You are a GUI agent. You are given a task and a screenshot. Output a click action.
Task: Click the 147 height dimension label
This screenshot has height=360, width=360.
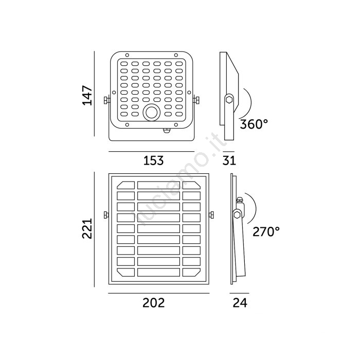87,95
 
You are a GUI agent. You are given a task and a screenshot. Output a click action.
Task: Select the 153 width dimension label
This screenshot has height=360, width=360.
153,160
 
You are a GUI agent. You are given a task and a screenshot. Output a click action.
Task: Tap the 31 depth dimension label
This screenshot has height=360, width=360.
229,160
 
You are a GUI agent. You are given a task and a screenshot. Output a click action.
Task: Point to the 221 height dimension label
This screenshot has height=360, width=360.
87,228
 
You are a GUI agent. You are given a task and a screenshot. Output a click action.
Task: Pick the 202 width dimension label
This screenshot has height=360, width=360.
154,302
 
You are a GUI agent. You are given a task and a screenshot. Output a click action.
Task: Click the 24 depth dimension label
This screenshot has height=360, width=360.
240,302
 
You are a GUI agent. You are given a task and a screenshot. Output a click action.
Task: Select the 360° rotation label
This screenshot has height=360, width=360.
254,124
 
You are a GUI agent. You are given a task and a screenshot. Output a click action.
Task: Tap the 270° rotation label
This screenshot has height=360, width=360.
266,231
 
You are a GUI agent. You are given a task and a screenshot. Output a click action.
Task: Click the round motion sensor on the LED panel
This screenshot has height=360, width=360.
152,113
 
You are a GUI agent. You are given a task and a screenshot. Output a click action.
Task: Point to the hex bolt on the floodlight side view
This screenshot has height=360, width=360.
229,99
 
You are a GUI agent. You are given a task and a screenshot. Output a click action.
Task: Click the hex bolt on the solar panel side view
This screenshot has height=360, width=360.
237,215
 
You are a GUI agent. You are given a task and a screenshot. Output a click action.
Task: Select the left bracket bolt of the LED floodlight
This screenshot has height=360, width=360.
106,100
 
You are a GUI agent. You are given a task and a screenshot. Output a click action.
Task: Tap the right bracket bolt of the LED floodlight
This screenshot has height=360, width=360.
196,100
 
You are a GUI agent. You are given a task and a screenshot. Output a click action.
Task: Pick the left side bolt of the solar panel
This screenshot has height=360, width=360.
106,215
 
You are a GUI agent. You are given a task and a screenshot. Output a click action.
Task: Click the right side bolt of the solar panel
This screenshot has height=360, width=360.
211,215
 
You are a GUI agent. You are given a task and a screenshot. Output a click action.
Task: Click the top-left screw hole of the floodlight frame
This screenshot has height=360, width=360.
127,55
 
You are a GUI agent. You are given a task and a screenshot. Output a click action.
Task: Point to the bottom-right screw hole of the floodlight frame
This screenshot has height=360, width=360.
176,124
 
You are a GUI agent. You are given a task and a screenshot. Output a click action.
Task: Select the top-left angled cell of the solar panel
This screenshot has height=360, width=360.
126,185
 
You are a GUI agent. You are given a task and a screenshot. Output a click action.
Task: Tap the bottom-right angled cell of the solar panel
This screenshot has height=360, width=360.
191,272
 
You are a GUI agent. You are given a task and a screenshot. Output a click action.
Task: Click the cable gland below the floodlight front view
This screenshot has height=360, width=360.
167,131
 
